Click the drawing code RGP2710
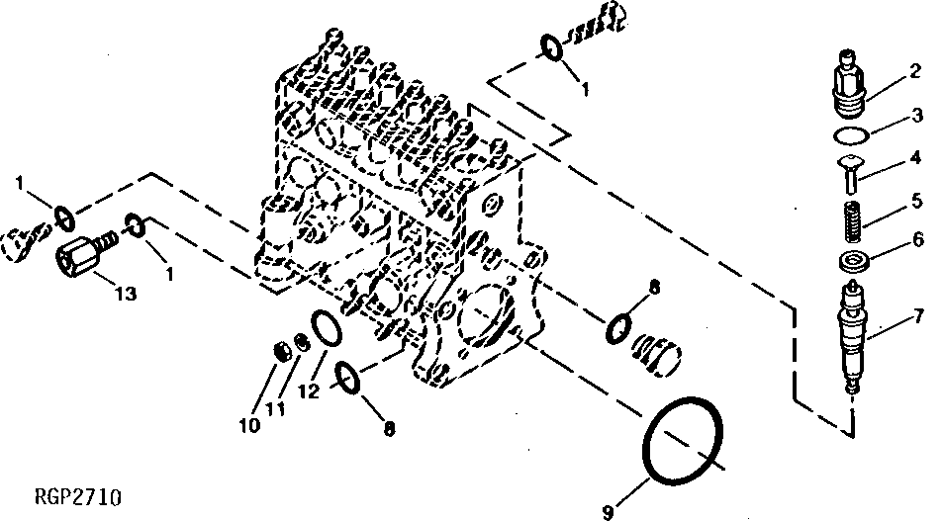[78, 497]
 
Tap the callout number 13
[127, 294]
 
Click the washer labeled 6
[853, 261]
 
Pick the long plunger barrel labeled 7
[853, 336]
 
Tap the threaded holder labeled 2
[849, 83]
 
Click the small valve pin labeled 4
[850, 173]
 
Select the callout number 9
[608, 512]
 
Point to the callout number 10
[249, 425]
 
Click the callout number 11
[275, 410]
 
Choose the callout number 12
[309, 391]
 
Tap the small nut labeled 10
[281, 351]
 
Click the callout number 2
[914, 71]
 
